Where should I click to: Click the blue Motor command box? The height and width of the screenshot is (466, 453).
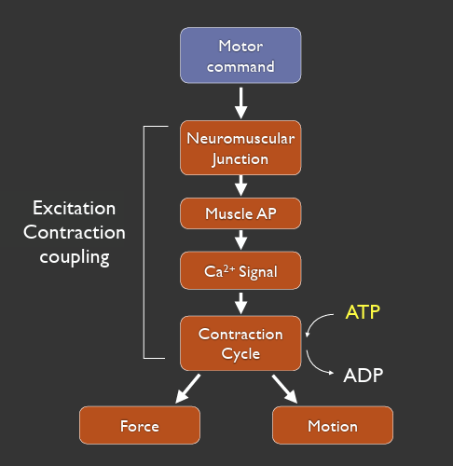click(240, 56)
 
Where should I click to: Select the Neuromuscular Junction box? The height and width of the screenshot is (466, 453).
click(240, 148)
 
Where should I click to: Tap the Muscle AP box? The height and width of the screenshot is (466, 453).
click(240, 213)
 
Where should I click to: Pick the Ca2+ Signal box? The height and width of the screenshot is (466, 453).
click(240, 273)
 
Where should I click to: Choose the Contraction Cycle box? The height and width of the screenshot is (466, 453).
click(240, 343)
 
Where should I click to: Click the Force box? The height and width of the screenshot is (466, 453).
click(139, 426)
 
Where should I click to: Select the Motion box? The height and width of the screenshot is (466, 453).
click(332, 426)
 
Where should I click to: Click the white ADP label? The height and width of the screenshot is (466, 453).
click(364, 375)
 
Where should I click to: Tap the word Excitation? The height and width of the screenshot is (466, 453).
click(75, 207)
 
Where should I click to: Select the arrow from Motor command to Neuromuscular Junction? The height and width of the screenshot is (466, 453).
click(240, 103)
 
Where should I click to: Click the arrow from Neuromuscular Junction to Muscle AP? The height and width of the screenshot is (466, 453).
click(240, 186)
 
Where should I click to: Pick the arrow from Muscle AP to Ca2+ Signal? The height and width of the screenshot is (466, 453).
click(240, 240)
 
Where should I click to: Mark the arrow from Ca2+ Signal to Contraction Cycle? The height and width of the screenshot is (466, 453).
click(240, 304)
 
